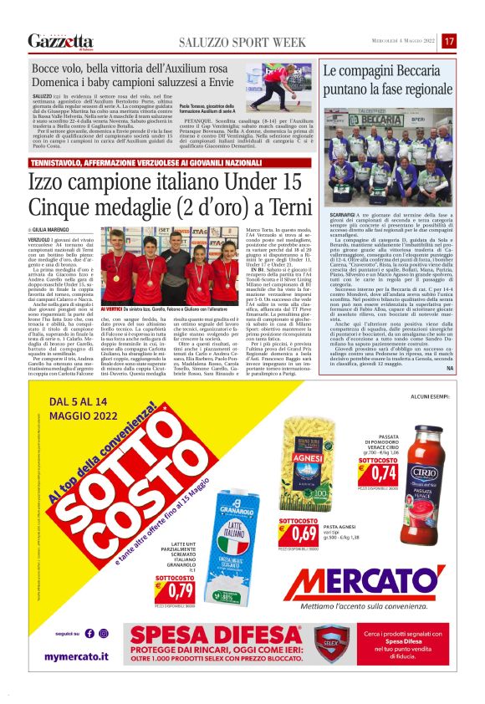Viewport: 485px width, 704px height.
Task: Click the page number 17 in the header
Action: point(449,41)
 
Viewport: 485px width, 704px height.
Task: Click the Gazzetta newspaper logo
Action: point(60,41)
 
